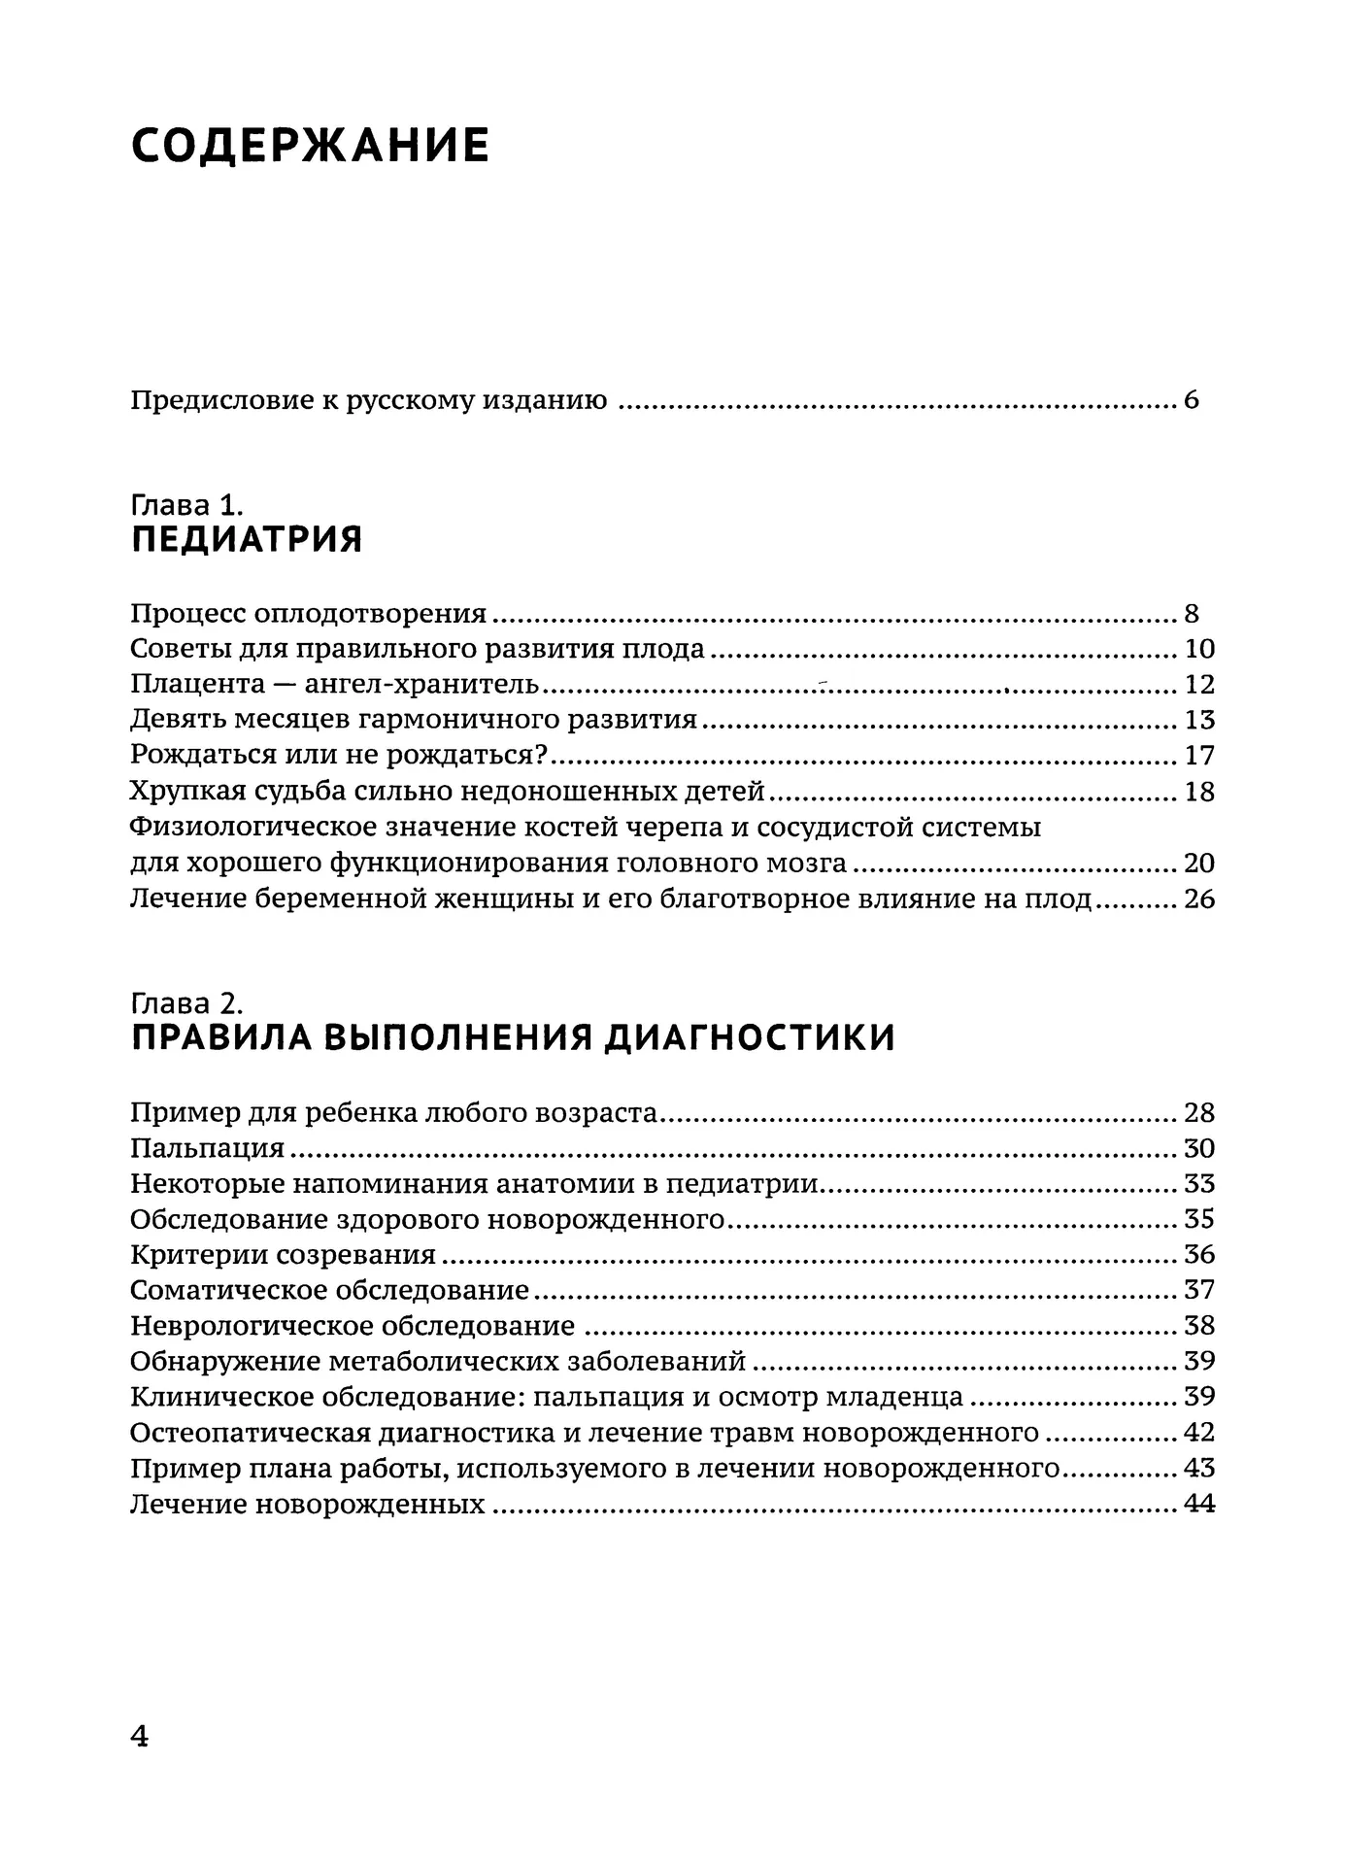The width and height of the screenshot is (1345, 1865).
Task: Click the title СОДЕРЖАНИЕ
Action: point(310,146)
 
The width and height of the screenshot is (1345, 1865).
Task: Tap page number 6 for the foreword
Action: point(1192,400)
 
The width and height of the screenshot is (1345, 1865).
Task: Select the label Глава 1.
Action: point(185,505)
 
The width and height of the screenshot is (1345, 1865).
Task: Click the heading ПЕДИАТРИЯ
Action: point(247,539)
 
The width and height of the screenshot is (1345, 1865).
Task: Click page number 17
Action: point(1199,756)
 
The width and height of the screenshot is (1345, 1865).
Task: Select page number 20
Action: point(1199,864)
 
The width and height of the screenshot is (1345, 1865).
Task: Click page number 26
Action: point(1199,899)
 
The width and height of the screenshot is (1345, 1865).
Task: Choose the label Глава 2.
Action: point(185,1003)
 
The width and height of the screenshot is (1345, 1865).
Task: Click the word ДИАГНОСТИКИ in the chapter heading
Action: point(750,1038)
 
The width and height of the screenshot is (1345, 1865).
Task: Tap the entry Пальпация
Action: point(207,1148)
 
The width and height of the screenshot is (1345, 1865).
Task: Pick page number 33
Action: point(1199,1184)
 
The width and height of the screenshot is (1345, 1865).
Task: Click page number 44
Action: point(1199,1505)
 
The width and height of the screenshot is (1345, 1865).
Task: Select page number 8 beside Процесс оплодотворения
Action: point(1192,614)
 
